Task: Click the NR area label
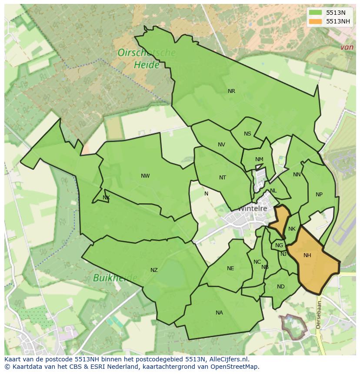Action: (x=231, y=91)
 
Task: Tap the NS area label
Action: (x=247, y=134)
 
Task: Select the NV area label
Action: (x=221, y=145)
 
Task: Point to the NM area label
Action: (x=259, y=159)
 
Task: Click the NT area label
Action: (x=223, y=177)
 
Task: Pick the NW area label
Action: (x=145, y=176)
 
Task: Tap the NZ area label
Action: (x=154, y=270)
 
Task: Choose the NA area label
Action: (x=219, y=313)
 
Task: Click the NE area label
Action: (x=230, y=268)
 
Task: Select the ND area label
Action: (x=280, y=287)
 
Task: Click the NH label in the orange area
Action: (x=307, y=255)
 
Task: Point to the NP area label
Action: (x=319, y=195)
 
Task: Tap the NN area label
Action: (x=297, y=175)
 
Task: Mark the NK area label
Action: (x=292, y=229)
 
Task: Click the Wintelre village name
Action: (x=252, y=209)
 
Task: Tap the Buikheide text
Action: (x=115, y=278)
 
